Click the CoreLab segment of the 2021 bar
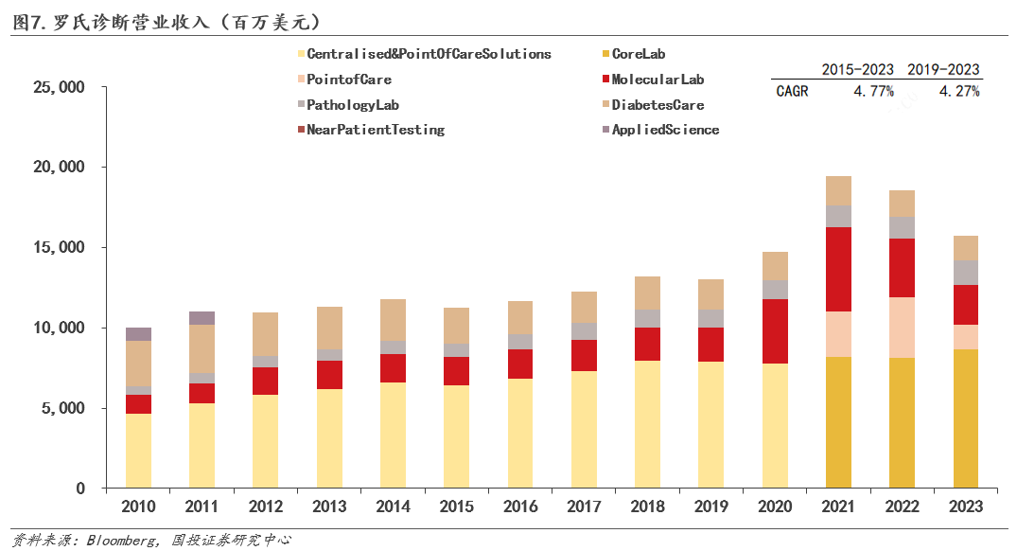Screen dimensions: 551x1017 click(838, 422)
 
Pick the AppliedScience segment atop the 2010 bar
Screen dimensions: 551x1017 click(138, 333)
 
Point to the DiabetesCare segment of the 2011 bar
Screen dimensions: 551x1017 click(202, 348)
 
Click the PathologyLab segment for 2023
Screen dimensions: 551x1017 click(965, 273)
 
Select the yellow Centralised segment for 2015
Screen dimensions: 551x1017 click(457, 436)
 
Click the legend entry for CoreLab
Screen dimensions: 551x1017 click(638, 54)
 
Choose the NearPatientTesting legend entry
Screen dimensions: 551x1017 click(375, 130)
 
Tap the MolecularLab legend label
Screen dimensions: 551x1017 click(657, 80)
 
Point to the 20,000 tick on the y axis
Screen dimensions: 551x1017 click(60, 168)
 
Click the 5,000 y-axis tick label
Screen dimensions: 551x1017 click(63, 409)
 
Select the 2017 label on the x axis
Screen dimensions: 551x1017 click(584, 507)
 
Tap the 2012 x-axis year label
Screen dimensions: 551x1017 click(265, 507)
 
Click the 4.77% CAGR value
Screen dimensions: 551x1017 click(873, 92)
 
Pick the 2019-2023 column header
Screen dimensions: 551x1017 click(943, 69)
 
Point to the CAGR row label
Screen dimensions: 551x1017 click(792, 92)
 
